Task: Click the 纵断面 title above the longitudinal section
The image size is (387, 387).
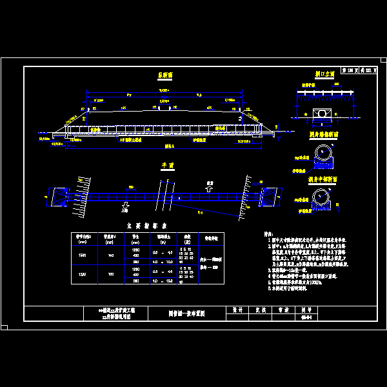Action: pyautogui.click(x=165, y=75)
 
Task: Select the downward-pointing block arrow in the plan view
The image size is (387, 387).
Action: pyautogui.click(x=124, y=206)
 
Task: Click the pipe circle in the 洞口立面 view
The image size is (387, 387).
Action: pyautogui.click(x=320, y=114)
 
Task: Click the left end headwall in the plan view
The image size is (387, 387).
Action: pyautogui.click(x=61, y=196)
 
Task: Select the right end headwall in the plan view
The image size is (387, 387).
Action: pyautogui.click(x=268, y=197)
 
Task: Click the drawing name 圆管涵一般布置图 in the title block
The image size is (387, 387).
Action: pyautogui.click(x=186, y=313)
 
